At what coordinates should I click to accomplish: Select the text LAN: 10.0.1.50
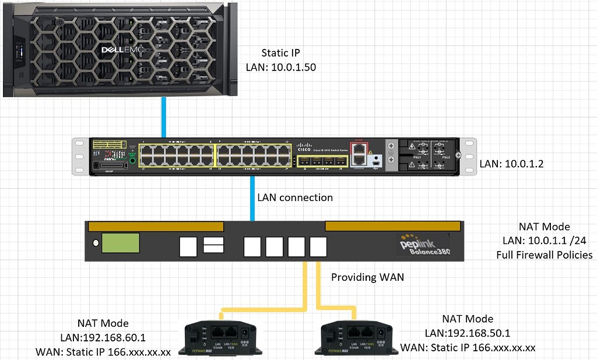click(281, 67)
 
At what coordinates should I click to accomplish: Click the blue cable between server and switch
click(164, 117)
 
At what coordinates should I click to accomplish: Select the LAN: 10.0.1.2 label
click(511, 164)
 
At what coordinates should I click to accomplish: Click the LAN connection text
click(295, 197)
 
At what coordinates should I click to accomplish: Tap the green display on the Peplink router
click(121, 242)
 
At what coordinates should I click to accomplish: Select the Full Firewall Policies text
click(545, 255)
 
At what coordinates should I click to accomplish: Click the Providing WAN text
click(367, 277)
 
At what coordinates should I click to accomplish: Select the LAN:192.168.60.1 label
click(103, 337)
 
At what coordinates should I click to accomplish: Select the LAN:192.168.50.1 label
click(468, 333)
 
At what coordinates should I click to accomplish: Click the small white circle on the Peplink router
click(93, 243)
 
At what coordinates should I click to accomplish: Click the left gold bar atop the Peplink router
click(154, 226)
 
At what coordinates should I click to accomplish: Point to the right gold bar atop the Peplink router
click(394, 226)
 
